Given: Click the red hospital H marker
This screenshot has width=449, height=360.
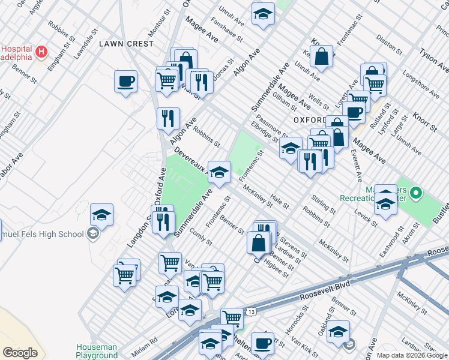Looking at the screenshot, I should coord(41,52).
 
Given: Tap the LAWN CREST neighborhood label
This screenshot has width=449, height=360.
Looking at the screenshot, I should coord(126,44).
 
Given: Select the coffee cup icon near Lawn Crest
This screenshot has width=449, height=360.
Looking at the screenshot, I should coord(125,82).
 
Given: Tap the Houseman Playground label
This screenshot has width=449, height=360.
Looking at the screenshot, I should coord(97,351).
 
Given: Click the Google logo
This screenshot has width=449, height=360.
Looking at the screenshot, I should coord(20,353).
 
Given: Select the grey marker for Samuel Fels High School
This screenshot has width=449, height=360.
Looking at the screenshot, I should coord(92,234).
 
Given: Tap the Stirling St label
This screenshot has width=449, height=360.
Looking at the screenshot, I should coord(324,203).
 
